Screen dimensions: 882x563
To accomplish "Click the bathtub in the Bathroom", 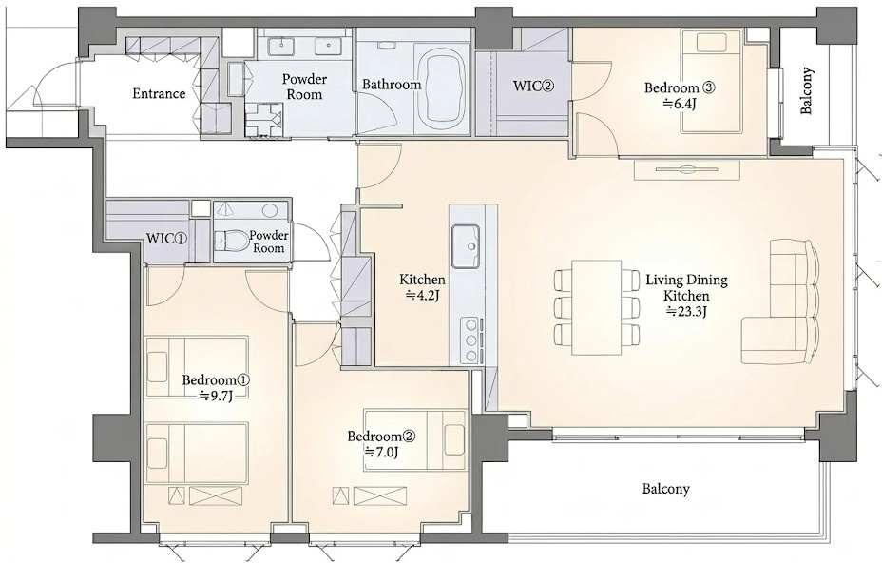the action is click(x=442, y=88).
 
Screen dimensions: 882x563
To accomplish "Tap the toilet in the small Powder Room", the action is click(x=227, y=241).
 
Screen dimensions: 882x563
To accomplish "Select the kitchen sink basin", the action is click(x=465, y=246).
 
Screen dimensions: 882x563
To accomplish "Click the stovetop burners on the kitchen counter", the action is click(x=470, y=340).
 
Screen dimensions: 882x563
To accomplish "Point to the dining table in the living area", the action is click(x=597, y=307).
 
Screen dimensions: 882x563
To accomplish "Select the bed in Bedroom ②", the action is click(x=414, y=440).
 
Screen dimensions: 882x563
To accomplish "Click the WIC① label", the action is click(x=166, y=238).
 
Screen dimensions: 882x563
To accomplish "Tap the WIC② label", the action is click(x=534, y=87).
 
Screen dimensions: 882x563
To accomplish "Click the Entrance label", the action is click(x=159, y=93).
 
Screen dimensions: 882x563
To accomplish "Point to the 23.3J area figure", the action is click(x=686, y=311).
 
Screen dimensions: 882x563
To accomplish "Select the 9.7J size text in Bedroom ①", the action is click(x=216, y=396).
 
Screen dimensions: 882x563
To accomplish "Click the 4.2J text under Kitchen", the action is click(x=422, y=295).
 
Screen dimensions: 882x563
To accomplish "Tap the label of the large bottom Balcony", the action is click(x=666, y=489).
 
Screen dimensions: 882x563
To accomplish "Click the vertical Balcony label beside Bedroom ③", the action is click(x=807, y=91).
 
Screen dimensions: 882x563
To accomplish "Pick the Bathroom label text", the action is click(x=392, y=85).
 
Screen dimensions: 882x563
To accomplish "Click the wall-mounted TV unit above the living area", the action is click(x=687, y=170).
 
